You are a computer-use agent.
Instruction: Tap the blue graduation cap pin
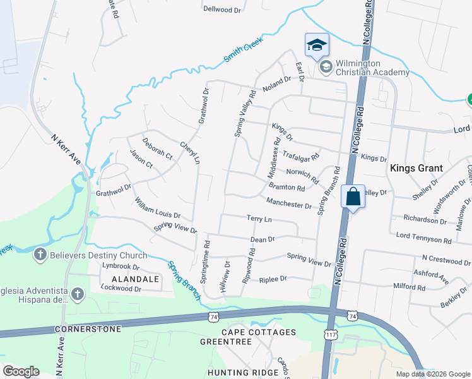tap(317, 45)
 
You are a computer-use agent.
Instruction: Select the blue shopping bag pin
tap(353, 197)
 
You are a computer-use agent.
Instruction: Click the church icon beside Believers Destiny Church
tap(40, 255)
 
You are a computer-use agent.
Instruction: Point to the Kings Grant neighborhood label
tap(416, 168)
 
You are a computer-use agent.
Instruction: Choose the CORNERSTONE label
tap(79, 329)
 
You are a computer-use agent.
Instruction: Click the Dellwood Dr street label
tap(223, 9)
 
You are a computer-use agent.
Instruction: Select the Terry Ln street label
tap(259, 219)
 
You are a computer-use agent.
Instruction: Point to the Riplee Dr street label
tap(273, 278)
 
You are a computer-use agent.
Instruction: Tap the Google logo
tap(21, 371)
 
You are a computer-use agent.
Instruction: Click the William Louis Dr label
tap(158, 208)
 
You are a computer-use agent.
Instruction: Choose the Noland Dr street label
tap(277, 80)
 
